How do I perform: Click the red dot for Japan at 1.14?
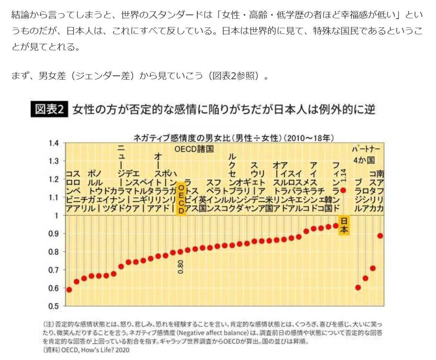[x=343, y=190]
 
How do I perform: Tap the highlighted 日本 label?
[x=344, y=225]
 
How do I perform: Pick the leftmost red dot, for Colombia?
[x=69, y=290]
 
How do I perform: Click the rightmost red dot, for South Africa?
[x=380, y=236]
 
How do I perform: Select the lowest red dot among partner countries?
[x=358, y=287]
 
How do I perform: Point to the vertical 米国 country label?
[x=269, y=204]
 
